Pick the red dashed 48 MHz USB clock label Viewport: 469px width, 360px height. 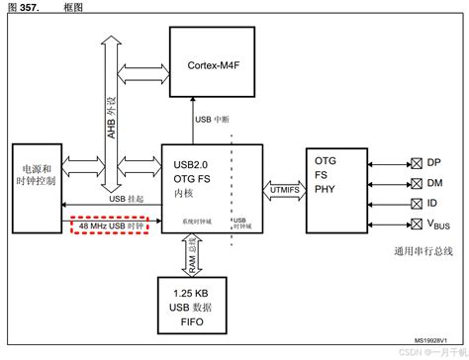pos(112,226)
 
